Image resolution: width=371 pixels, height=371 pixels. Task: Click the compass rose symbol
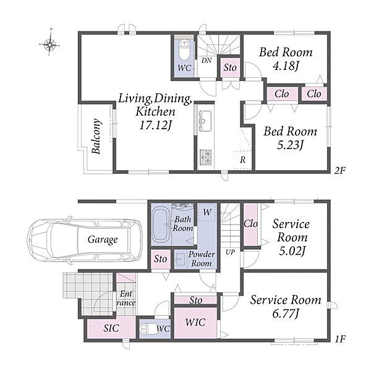[x=49, y=43]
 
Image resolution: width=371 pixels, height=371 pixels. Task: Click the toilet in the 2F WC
[x=184, y=48]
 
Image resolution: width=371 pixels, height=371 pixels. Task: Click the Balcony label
[x=96, y=137]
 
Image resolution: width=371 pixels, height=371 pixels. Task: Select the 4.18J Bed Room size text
[x=286, y=66]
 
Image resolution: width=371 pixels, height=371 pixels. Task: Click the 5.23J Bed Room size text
[x=290, y=145]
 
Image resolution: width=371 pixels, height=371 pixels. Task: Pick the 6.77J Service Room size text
[x=286, y=314]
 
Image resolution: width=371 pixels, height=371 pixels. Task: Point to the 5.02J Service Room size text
[x=290, y=250]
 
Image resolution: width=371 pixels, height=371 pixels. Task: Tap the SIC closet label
[x=111, y=328]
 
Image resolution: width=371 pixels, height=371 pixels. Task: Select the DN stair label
[x=207, y=60]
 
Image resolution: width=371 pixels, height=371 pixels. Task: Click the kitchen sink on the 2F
[x=205, y=119]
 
